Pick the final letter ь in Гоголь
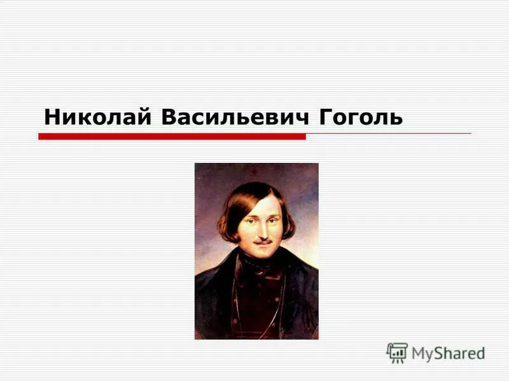(396, 119)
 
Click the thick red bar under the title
(172, 136)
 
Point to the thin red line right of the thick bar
(388, 134)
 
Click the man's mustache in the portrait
(263, 241)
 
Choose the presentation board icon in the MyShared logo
(396, 353)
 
